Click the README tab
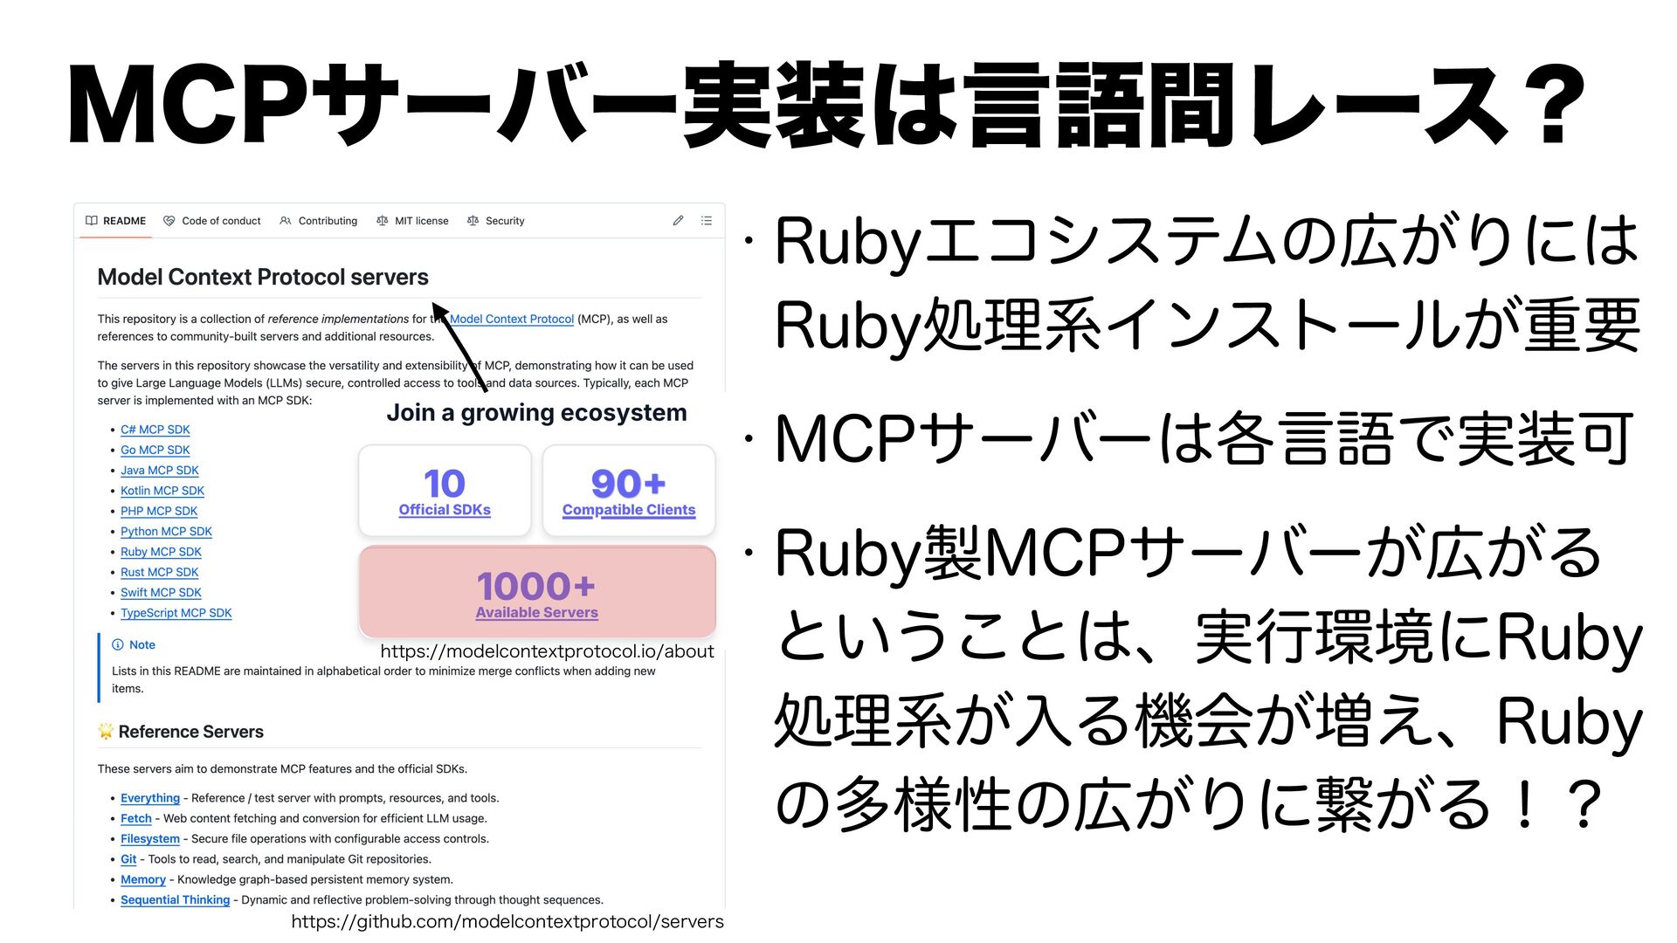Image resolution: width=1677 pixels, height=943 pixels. pyautogui.click(x=116, y=221)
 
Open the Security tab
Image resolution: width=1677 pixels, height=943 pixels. pyautogui.click(x=496, y=221)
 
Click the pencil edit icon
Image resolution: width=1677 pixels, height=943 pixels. pyautogui.click(x=678, y=221)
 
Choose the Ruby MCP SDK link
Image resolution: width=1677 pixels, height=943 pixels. pyautogui.click(x=161, y=552)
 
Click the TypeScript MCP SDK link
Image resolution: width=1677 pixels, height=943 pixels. pyautogui.click(x=176, y=613)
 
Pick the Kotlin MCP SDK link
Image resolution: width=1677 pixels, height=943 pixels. pyautogui.click(x=162, y=491)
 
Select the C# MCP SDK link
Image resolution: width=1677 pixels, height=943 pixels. pyautogui.click(x=155, y=430)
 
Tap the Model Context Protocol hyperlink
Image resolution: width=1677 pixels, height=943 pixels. pyautogui.click(x=512, y=320)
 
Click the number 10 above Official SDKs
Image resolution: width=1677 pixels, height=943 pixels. pyautogui.click(x=445, y=484)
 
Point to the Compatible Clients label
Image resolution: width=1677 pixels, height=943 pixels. pyautogui.click(x=629, y=510)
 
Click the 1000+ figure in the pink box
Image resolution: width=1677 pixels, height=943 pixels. pyautogui.click(x=536, y=586)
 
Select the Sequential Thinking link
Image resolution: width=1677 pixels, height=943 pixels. pyautogui.click(x=175, y=900)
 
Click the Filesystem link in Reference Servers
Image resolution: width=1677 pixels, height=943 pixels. pyautogui.click(x=149, y=839)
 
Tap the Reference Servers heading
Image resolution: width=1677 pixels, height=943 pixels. pyautogui.click(x=190, y=732)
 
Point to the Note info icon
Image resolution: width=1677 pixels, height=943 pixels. pyautogui.click(x=118, y=645)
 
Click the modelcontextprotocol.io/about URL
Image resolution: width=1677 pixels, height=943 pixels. pyautogui.click(x=547, y=651)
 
